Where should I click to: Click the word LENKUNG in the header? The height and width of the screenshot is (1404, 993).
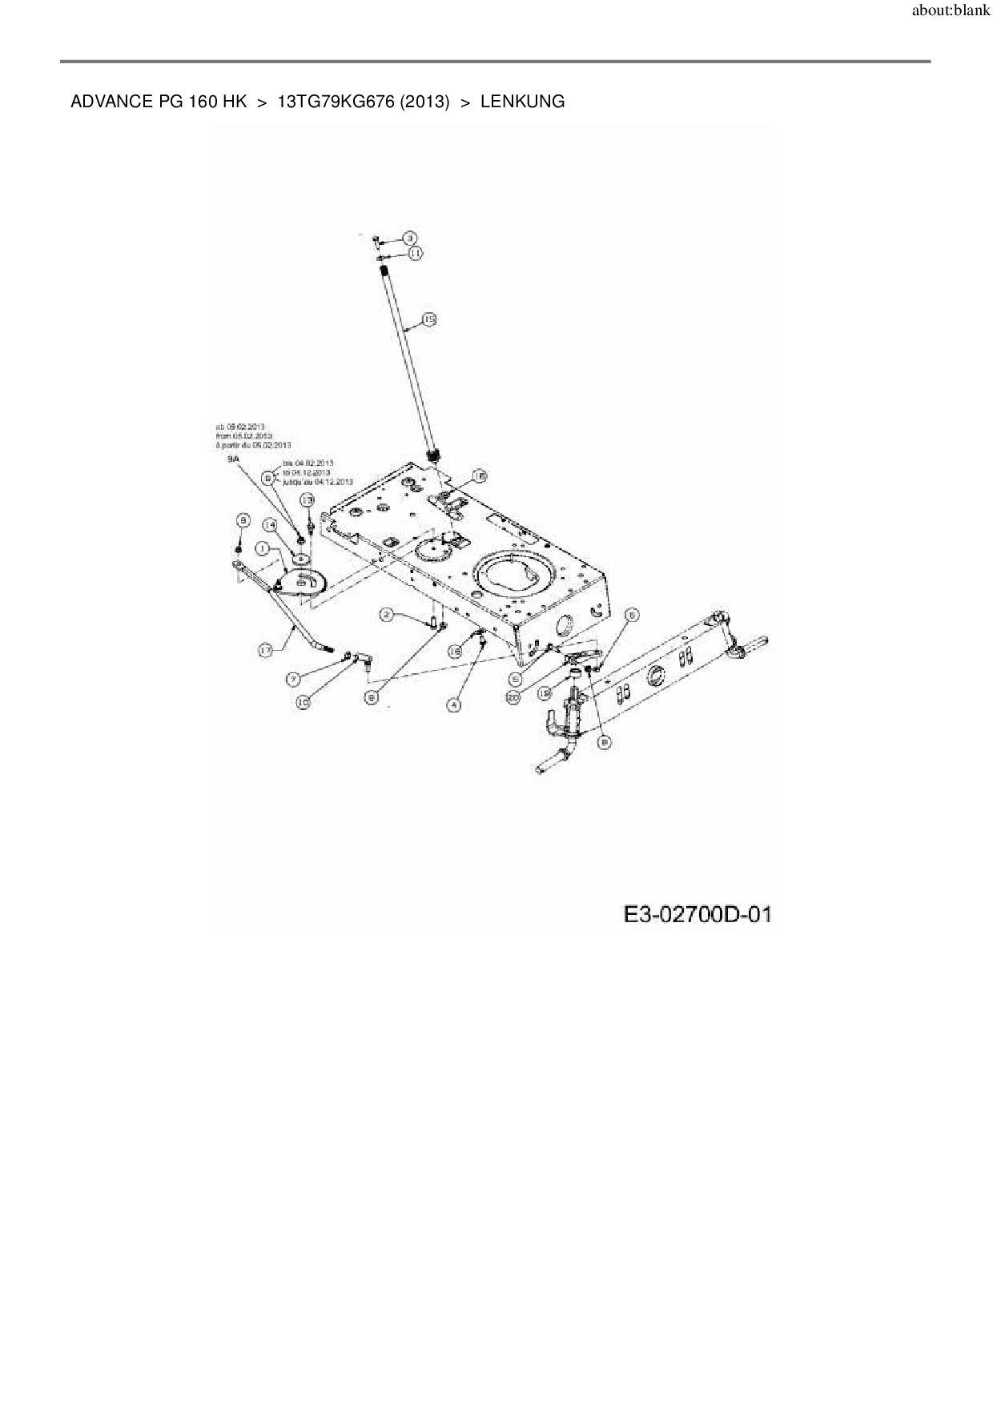[x=522, y=102]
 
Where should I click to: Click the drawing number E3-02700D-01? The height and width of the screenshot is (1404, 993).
[x=698, y=914]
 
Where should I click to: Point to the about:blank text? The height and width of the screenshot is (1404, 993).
[x=951, y=12]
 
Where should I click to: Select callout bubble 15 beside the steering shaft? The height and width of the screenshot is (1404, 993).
[x=429, y=320]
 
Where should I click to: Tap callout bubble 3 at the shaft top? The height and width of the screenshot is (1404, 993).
[x=409, y=238]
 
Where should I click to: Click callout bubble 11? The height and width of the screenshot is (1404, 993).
[x=416, y=253]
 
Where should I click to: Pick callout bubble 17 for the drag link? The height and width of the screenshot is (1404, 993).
[x=266, y=652]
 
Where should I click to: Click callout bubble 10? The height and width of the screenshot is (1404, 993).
[x=304, y=702]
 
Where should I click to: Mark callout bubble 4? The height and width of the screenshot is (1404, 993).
[x=454, y=704]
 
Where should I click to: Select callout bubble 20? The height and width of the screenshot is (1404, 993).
[x=513, y=698]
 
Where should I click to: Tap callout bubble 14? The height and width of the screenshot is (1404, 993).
[x=270, y=525]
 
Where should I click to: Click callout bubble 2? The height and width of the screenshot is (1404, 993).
[x=387, y=615]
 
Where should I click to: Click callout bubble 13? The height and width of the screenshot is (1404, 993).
[x=307, y=499]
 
